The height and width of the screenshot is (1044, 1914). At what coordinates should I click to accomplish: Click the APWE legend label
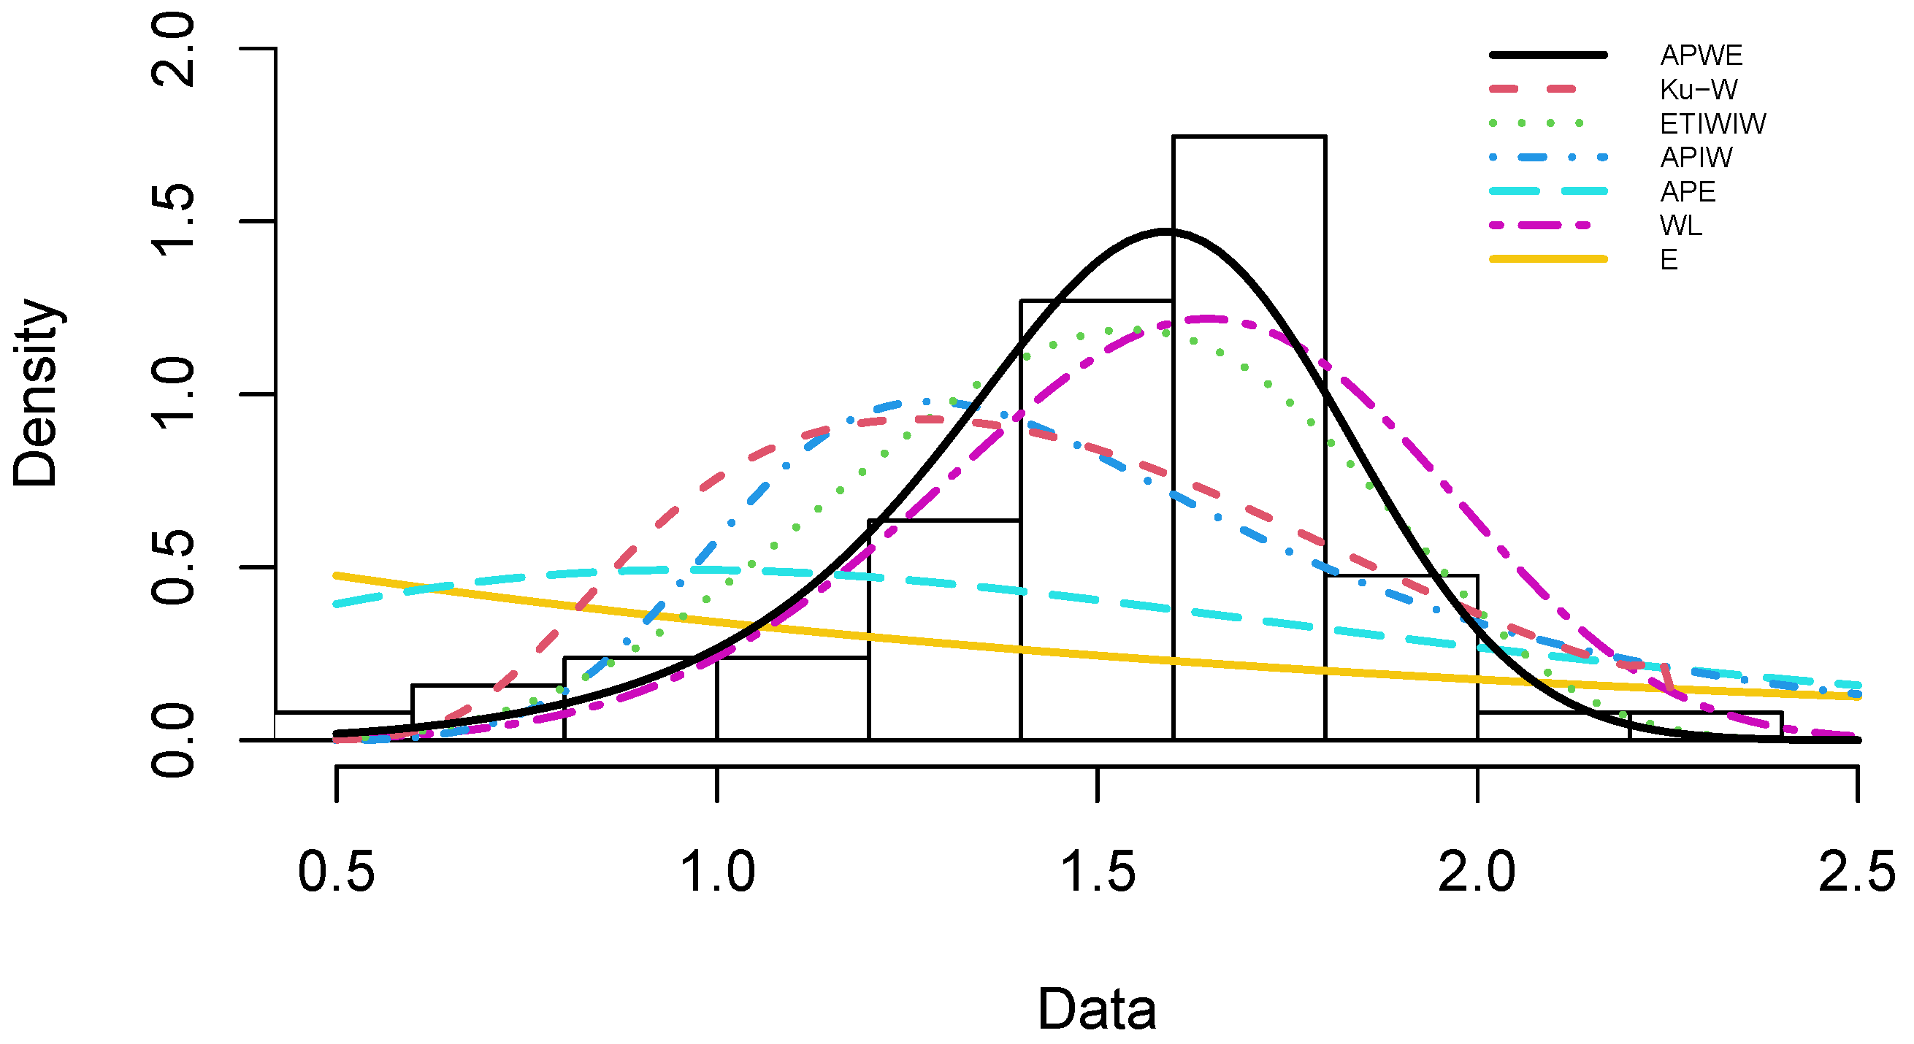[1701, 55]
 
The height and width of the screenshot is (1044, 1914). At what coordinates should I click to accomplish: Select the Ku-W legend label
[1698, 89]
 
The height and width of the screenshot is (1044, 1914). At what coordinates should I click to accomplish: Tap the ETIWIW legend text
[1712, 123]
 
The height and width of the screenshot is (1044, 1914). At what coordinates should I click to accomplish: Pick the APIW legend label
[1696, 158]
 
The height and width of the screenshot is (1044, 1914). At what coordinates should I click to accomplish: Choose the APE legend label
[1688, 192]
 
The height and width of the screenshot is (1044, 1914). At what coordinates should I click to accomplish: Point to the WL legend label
[1681, 225]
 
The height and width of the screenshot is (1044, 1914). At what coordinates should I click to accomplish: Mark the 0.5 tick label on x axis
[336, 872]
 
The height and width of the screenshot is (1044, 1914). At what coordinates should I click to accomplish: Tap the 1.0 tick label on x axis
[717, 872]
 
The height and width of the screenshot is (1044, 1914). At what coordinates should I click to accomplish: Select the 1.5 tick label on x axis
[1098, 872]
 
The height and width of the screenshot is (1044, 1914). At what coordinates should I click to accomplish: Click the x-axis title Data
[1097, 1009]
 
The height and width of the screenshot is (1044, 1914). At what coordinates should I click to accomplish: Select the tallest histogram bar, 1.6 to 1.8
[1249, 446]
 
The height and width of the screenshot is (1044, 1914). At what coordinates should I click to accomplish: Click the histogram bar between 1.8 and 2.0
[1401, 661]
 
